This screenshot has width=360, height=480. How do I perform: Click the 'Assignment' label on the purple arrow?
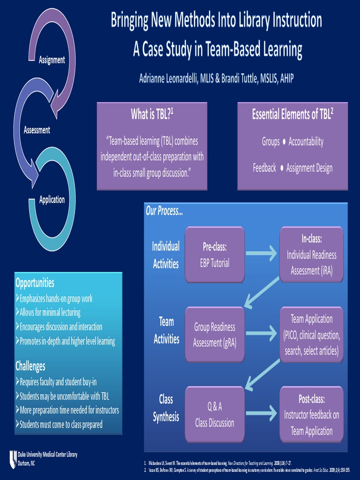pos(52,60)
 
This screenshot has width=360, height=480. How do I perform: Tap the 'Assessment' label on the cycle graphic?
pos(37,130)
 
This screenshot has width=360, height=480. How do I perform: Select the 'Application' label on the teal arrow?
pos(52,200)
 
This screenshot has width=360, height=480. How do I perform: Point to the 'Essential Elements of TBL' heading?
pos(292,114)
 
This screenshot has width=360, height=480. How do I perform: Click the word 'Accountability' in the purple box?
pos(306,142)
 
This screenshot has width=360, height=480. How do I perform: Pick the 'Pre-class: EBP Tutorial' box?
pos(215,255)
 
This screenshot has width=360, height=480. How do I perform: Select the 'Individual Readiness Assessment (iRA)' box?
pos(311,255)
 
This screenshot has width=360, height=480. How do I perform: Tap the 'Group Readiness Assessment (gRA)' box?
pos(215,334)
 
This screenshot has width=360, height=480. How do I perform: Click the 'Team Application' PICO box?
pos(311,334)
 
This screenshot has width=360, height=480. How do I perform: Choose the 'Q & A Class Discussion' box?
pos(215,414)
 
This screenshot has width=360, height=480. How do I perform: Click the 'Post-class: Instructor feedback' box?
pos(311,414)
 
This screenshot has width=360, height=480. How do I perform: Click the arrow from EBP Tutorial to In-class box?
pos(262,254)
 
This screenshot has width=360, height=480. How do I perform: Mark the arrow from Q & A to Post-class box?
pos(262,413)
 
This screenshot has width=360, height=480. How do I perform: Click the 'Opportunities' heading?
pos(35,283)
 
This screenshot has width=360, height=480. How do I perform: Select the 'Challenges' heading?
pos(30,365)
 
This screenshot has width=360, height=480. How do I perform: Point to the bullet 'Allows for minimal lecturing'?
pos(50,312)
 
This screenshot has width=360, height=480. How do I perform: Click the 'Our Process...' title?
pos(164,211)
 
